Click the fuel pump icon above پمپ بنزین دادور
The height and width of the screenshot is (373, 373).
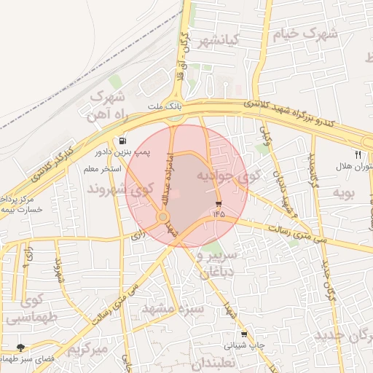pos(122,141)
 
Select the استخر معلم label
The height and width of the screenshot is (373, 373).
pos(101,169)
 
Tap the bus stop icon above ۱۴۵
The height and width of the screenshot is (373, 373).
pos(219,203)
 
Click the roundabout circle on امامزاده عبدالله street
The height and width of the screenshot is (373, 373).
pos(163,217)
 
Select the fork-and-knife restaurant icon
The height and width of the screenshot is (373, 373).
pos(358,154)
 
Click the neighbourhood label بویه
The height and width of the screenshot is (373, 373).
pos(342,192)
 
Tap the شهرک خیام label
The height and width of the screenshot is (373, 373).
pos(307,34)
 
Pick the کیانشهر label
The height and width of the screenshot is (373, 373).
pos(219,41)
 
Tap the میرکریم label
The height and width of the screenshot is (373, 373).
pos(88,350)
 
